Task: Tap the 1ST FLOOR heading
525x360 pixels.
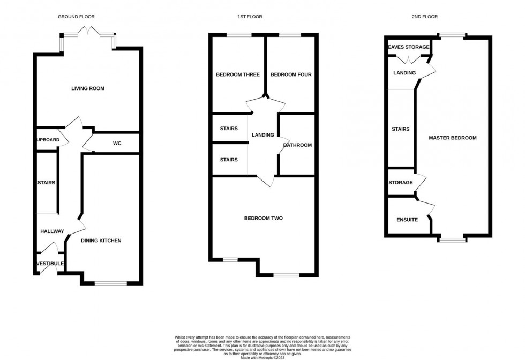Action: pos(250,17)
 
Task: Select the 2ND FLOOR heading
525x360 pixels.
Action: pos(424,17)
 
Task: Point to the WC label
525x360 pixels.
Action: pos(117,144)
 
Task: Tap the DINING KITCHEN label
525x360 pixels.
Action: pos(101,241)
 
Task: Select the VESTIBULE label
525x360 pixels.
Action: pos(50,264)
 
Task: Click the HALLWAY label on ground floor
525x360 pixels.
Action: pos(52,231)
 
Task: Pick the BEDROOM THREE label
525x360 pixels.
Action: pos(238,74)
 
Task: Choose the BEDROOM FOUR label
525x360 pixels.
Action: pos(291,74)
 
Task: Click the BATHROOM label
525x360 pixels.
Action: pos(297,145)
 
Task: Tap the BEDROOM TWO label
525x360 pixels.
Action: pos(263,218)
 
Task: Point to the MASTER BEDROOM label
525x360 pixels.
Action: pos(452,138)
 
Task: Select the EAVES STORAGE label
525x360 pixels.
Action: pos(409,47)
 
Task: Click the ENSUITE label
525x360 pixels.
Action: pos(407,220)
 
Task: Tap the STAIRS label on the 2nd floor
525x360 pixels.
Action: pos(401,129)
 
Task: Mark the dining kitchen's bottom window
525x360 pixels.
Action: pos(111,283)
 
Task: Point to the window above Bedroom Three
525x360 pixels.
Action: pos(238,35)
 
